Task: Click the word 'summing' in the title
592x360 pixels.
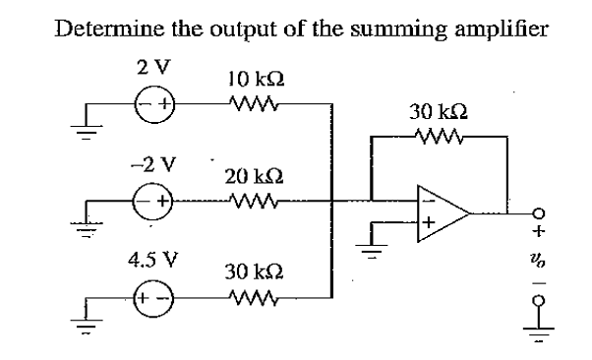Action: [x=383, y=27]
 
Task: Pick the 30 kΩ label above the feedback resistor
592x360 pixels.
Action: [x=434, y=114]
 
